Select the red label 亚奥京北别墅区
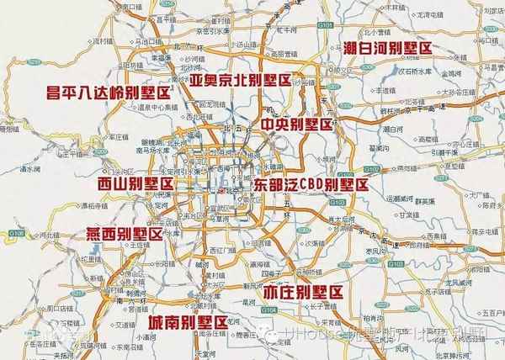click(240, 81)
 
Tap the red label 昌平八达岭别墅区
click(106, 93)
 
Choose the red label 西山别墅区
click(135, 183)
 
